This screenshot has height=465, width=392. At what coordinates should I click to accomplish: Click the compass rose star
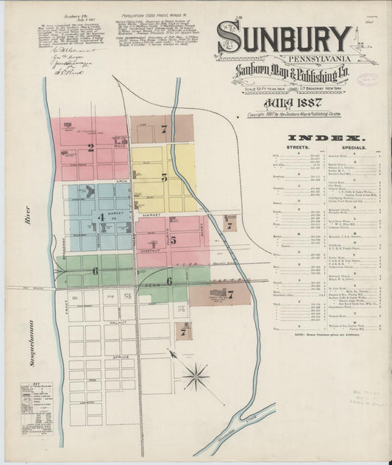196,377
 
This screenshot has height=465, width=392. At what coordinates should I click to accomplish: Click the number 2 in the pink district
91,147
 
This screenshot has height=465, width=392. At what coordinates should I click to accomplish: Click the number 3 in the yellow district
164,177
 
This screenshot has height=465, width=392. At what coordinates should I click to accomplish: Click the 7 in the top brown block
164,129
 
